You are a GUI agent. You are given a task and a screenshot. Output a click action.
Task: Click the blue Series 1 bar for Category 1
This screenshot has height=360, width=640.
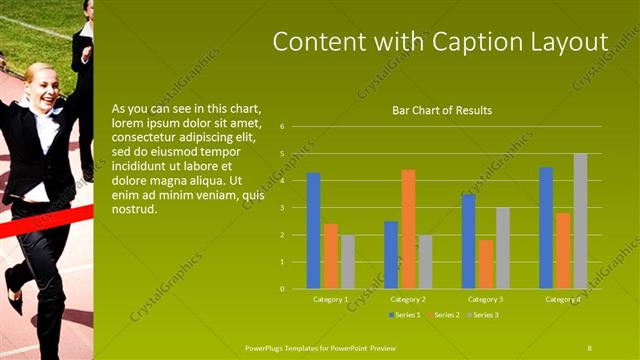coord(313,231)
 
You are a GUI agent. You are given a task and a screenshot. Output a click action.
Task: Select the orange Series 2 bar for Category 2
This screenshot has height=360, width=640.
coord(408,229)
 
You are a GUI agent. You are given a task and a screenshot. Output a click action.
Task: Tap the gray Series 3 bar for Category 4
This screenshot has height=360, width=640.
coord(580,221)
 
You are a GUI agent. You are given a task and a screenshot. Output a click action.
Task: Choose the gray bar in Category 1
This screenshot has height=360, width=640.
coord(347,262)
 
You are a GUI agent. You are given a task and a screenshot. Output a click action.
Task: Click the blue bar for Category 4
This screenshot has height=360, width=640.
coord(546,228)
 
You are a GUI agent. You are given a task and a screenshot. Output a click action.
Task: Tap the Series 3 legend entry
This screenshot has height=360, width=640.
coord(485,315)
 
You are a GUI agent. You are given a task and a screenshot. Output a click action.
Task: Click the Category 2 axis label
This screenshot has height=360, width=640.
coord(409,299)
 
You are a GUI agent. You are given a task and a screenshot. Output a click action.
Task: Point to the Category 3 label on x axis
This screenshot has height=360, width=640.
coord(486,299)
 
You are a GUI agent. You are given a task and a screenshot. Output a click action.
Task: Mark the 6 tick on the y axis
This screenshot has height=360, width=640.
coord(283,127)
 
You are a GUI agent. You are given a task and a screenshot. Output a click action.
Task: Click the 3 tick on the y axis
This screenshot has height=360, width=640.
coord(283,208)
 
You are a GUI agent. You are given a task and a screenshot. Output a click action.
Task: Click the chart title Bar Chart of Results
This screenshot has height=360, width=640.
coord(442,110)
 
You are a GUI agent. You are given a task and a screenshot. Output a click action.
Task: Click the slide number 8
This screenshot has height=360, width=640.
coord(590,347)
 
